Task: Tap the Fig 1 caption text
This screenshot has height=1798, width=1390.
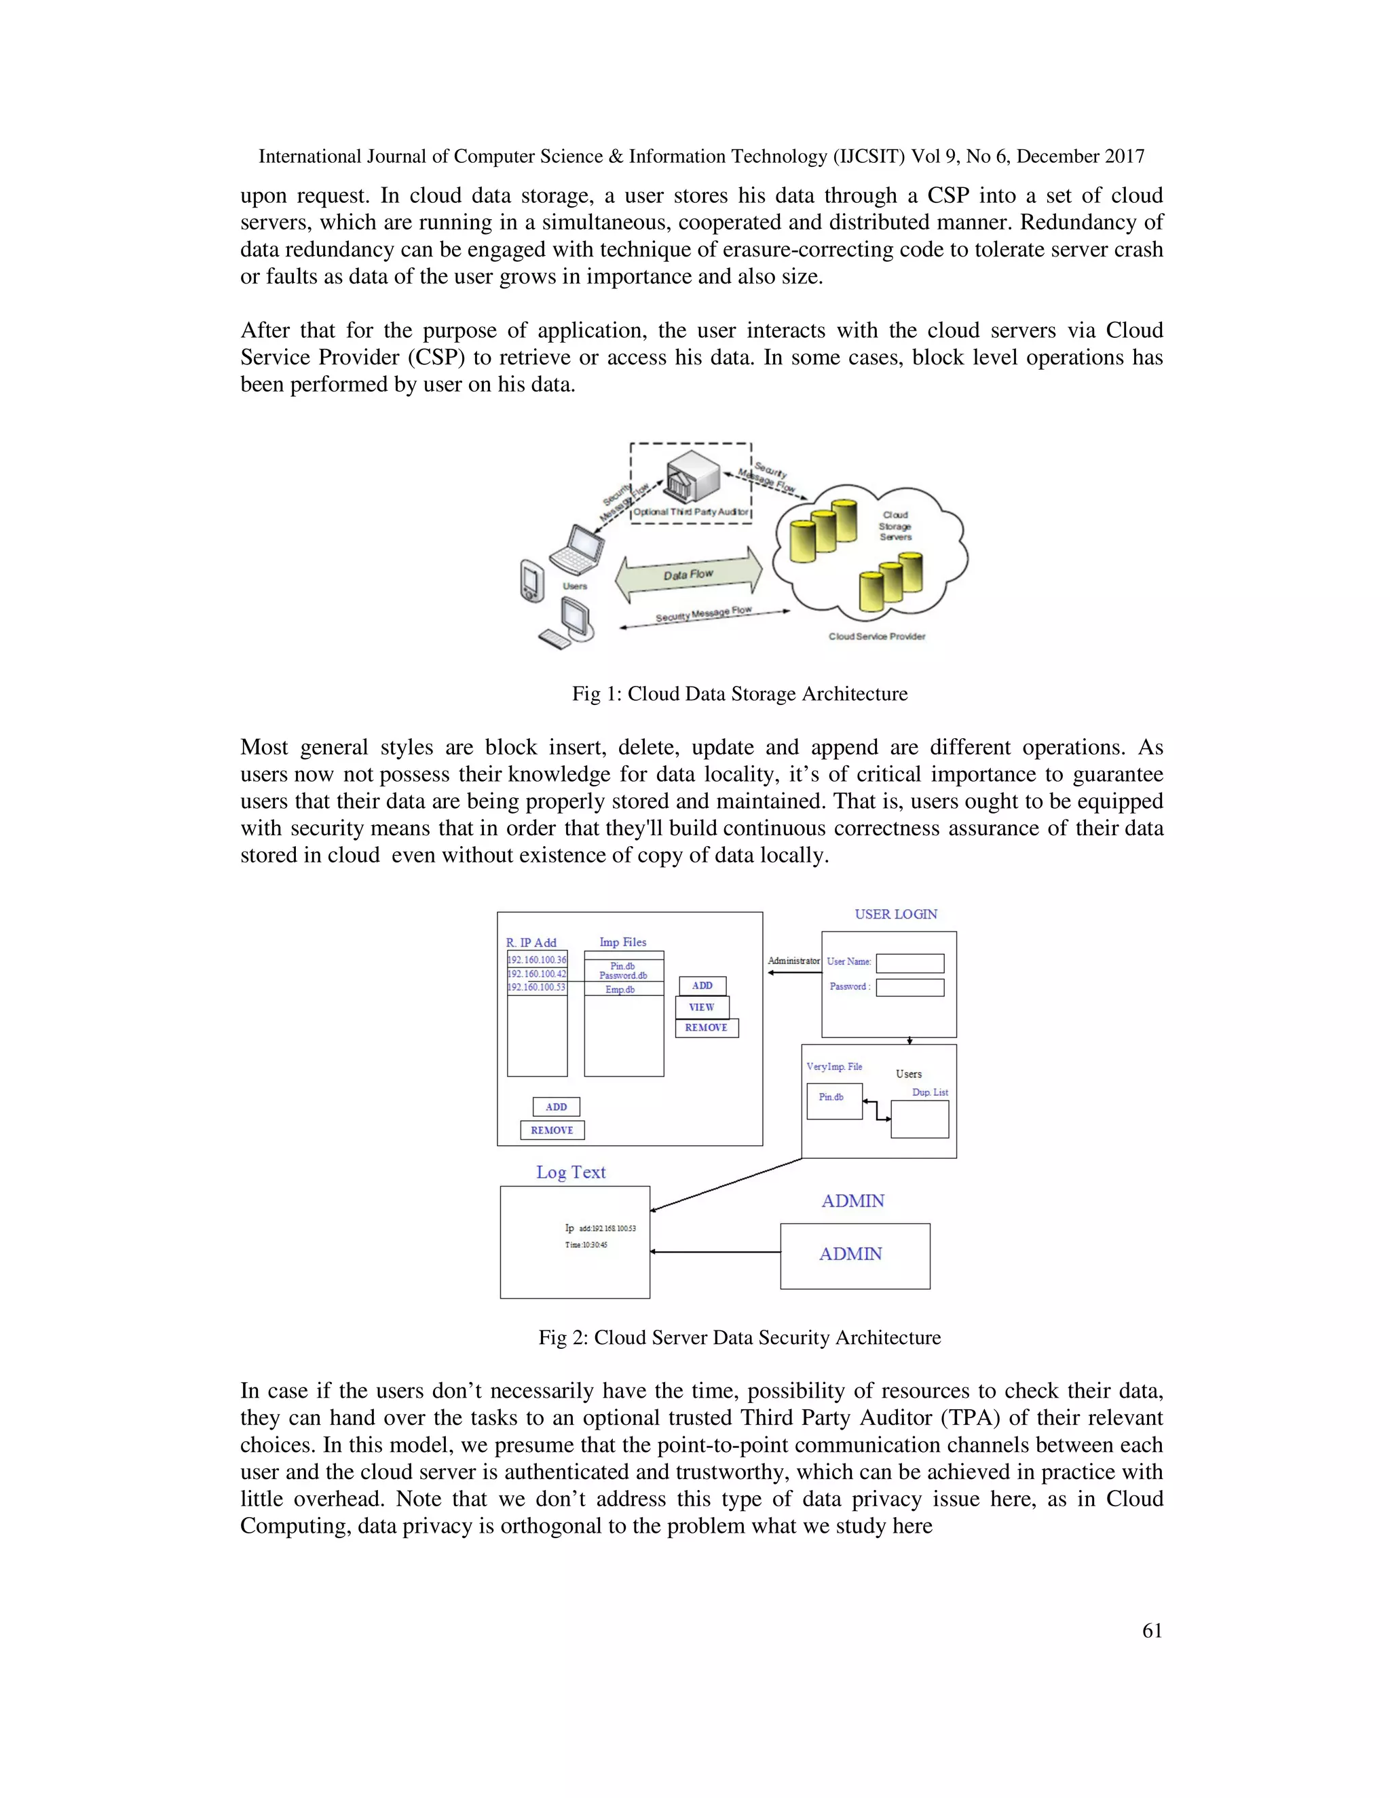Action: (740, 694)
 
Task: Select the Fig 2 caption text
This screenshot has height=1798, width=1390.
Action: (740, 1337)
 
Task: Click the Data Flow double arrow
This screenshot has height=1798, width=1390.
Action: (688, 575)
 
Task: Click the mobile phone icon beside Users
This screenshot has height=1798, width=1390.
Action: (532, 581)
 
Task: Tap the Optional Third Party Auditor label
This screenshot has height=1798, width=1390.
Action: (690, 512)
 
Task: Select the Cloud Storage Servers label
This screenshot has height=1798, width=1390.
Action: (895, 526)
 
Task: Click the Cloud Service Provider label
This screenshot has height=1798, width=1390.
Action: (876, 636)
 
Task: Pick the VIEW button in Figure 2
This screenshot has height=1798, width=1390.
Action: (702, 1007)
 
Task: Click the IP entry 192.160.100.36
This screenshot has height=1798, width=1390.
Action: (537, 960)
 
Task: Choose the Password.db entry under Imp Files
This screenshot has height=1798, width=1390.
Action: (623, 976)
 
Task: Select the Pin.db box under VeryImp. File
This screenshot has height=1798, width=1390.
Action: (833, 1101)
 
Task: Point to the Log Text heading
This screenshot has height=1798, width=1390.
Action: (571, 1172)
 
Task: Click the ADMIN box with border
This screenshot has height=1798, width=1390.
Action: (854, 1255)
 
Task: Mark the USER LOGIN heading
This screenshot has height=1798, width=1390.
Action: (895, 915)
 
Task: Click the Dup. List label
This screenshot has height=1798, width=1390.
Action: (930, 1092)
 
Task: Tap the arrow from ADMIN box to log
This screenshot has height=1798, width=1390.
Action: (715, 1252)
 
